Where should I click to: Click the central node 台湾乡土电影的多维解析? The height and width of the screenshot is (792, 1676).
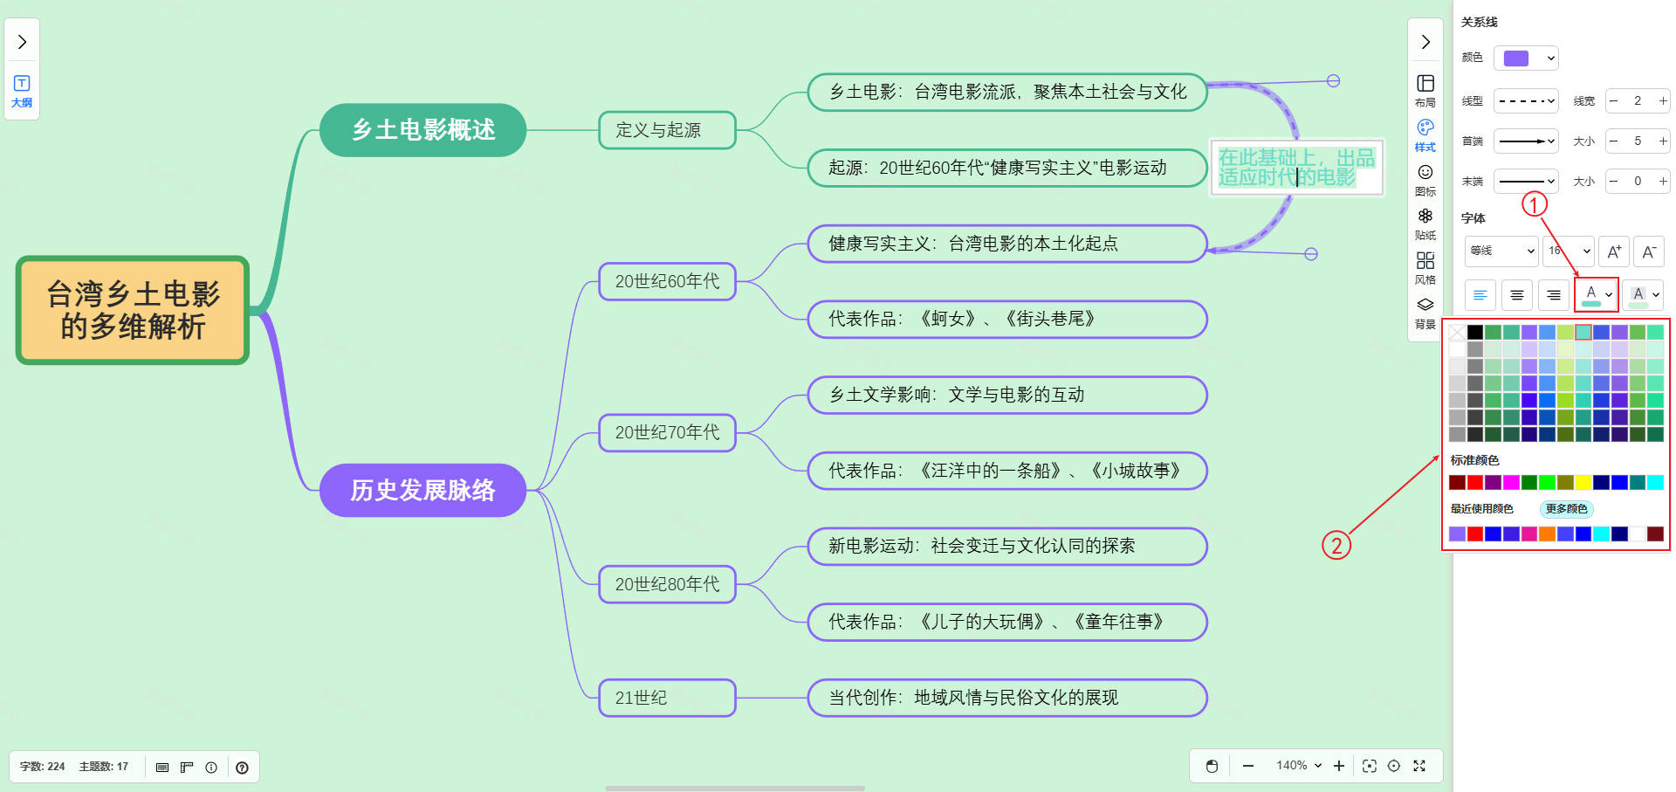(133, 310)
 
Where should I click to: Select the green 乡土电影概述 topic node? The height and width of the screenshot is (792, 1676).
(422, 130)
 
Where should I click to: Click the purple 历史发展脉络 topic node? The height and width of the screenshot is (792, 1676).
(422, 490)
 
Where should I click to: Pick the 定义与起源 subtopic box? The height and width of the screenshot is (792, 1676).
(667, 130)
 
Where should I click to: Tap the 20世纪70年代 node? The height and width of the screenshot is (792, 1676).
(667, 432)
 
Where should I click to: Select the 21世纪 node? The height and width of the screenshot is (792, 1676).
(667, 698)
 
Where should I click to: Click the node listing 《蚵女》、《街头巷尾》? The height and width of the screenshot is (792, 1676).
(1006, 319)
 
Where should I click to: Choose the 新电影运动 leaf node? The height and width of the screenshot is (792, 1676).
(1006, 546)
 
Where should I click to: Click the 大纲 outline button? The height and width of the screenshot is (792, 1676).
(22, 91)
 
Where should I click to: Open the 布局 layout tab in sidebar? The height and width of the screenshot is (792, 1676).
(1425, 89)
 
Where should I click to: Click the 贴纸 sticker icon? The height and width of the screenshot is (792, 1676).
(1425, 223)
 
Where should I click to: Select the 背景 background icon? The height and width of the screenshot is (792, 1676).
(1425, 311)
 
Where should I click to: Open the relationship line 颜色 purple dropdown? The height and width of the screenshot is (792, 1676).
(1526, 59)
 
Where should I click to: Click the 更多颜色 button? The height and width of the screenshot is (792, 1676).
(1566, 509)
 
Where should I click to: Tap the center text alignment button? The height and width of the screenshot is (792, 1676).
(1517, 295)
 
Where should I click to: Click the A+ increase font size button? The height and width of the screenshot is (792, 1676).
(1614, 251)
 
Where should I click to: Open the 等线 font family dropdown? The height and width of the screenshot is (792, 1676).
(1501, 251)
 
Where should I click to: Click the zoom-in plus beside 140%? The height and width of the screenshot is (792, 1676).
(1339, 766)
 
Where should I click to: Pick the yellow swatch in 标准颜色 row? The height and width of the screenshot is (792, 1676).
(1583, 482)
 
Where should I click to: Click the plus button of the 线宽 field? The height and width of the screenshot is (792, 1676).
(1663, 101)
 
